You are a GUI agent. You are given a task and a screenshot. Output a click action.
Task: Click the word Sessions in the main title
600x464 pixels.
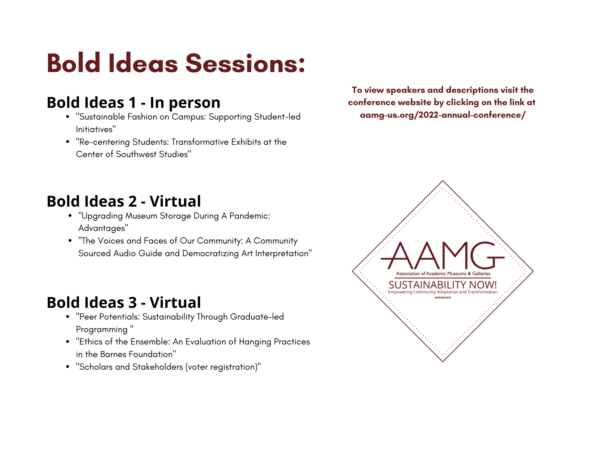coord(245,63)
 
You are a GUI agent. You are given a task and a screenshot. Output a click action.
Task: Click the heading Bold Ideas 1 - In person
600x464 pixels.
coord(133,102)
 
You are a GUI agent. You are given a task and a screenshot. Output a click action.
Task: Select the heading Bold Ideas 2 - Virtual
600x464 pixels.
coord(124,201)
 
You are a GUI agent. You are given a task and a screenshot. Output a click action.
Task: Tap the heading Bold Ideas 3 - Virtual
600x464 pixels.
coord(124,302)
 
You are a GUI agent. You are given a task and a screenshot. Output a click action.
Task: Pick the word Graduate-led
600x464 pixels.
coord(257,317)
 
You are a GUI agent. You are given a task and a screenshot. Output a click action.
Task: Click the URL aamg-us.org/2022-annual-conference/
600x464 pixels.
coord(442,115)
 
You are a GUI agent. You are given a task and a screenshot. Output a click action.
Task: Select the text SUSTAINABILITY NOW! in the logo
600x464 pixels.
coord(442,285)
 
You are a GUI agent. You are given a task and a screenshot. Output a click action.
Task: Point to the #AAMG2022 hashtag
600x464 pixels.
coord(442,298)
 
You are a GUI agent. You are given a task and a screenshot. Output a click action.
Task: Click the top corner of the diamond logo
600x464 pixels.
coord(443,180)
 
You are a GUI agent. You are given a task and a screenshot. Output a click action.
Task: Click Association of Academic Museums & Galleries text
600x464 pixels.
coord(443,274)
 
